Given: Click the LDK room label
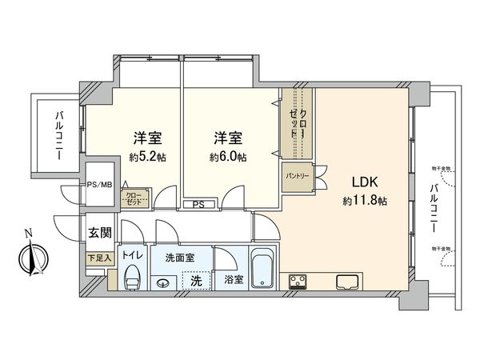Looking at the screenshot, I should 358,182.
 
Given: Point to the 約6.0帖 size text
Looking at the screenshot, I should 228,157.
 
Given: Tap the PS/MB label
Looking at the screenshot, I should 98,183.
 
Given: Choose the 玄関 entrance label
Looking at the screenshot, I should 100,233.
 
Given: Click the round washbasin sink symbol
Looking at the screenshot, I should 164,282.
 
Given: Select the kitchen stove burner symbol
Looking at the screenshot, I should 298,281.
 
